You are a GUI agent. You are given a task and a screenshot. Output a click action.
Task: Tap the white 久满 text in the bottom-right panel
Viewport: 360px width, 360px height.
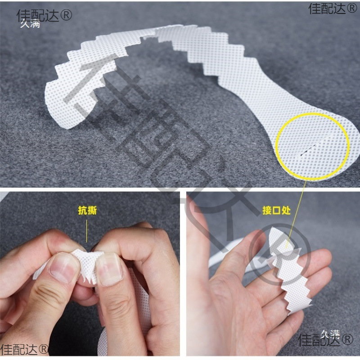pyautogui.click(x=330, y=333)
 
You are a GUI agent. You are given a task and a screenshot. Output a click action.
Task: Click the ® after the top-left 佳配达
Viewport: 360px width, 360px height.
pyautogui.click(x=66, y=15)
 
